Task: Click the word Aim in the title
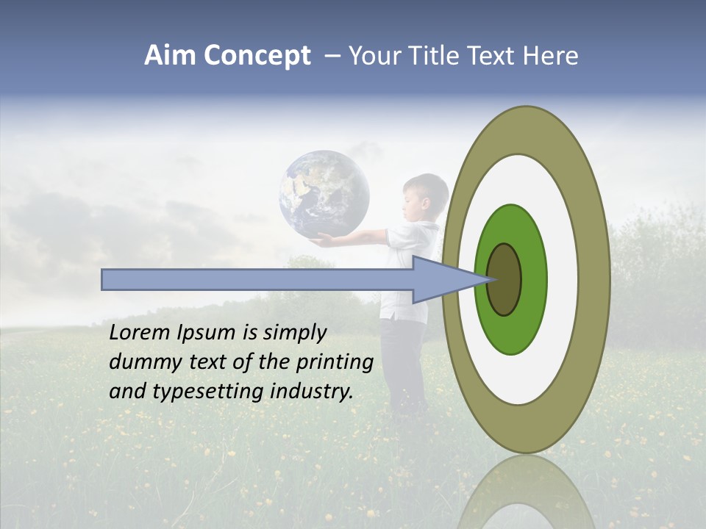coord(170,56)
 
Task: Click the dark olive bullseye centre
coord(504,280)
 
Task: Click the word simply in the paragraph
coord(294,334)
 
